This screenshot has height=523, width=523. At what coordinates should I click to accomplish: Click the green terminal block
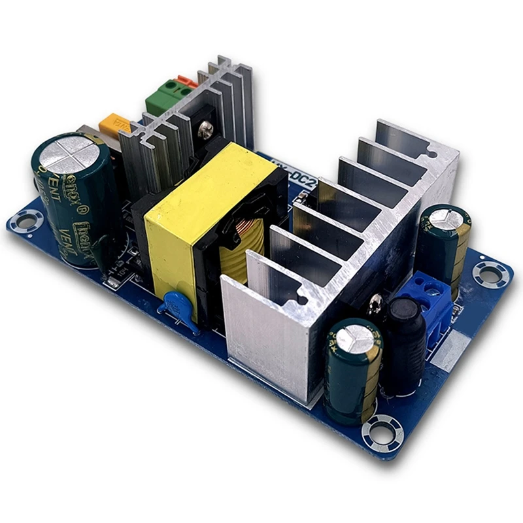click(161, 99)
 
